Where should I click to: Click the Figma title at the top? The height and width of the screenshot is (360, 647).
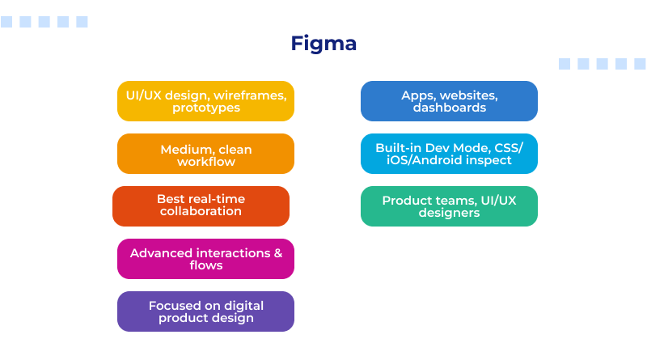click(x=323, y=43)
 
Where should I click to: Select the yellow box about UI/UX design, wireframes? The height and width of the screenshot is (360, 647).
click(x=205, y=101)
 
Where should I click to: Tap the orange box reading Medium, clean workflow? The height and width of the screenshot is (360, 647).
click(x=205, y=154)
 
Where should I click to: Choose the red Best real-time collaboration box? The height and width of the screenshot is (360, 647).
click(x=201, y=206)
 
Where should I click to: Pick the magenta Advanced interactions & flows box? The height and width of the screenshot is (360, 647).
click(x=205, y=259)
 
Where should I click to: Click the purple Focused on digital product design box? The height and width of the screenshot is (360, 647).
click(x=205, y=311)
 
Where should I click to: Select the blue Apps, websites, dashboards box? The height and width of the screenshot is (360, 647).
click(x=449, y=101)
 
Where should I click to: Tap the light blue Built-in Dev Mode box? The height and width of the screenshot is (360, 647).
click(x=449, y=154)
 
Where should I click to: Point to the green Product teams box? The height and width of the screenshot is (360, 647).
click(x=449, y=206)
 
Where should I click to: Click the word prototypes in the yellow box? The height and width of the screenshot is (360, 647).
click(x=205, y=108)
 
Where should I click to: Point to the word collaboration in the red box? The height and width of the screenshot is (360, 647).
click(x=201, y=212)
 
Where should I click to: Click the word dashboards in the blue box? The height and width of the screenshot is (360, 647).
click(x=449, y=108)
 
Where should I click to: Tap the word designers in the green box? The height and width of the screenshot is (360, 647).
click(x=449, y=213)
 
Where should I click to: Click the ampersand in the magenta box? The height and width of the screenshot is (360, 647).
click(x=277, y=253)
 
